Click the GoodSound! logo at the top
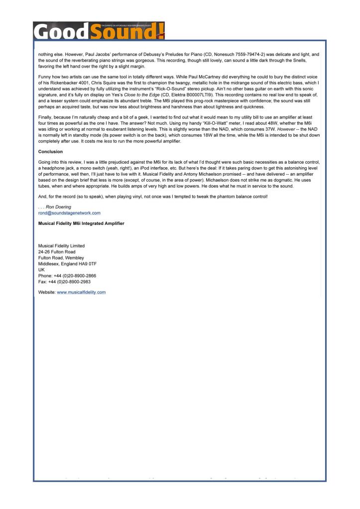[99, 31]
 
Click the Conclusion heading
[51, 152]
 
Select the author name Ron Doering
[58, 207]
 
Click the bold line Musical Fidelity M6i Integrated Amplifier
[81, 223]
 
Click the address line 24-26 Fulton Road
[57, 252]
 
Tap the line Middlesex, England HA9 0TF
[67, 264]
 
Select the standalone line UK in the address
[41, 270]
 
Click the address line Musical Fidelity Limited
[61, 246]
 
